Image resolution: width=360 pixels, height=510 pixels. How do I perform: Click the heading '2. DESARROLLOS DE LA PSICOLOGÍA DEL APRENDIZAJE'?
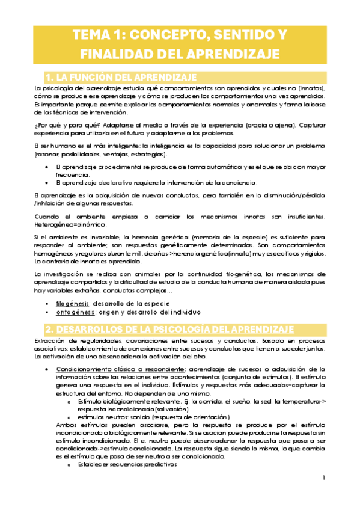coord(170,329)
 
